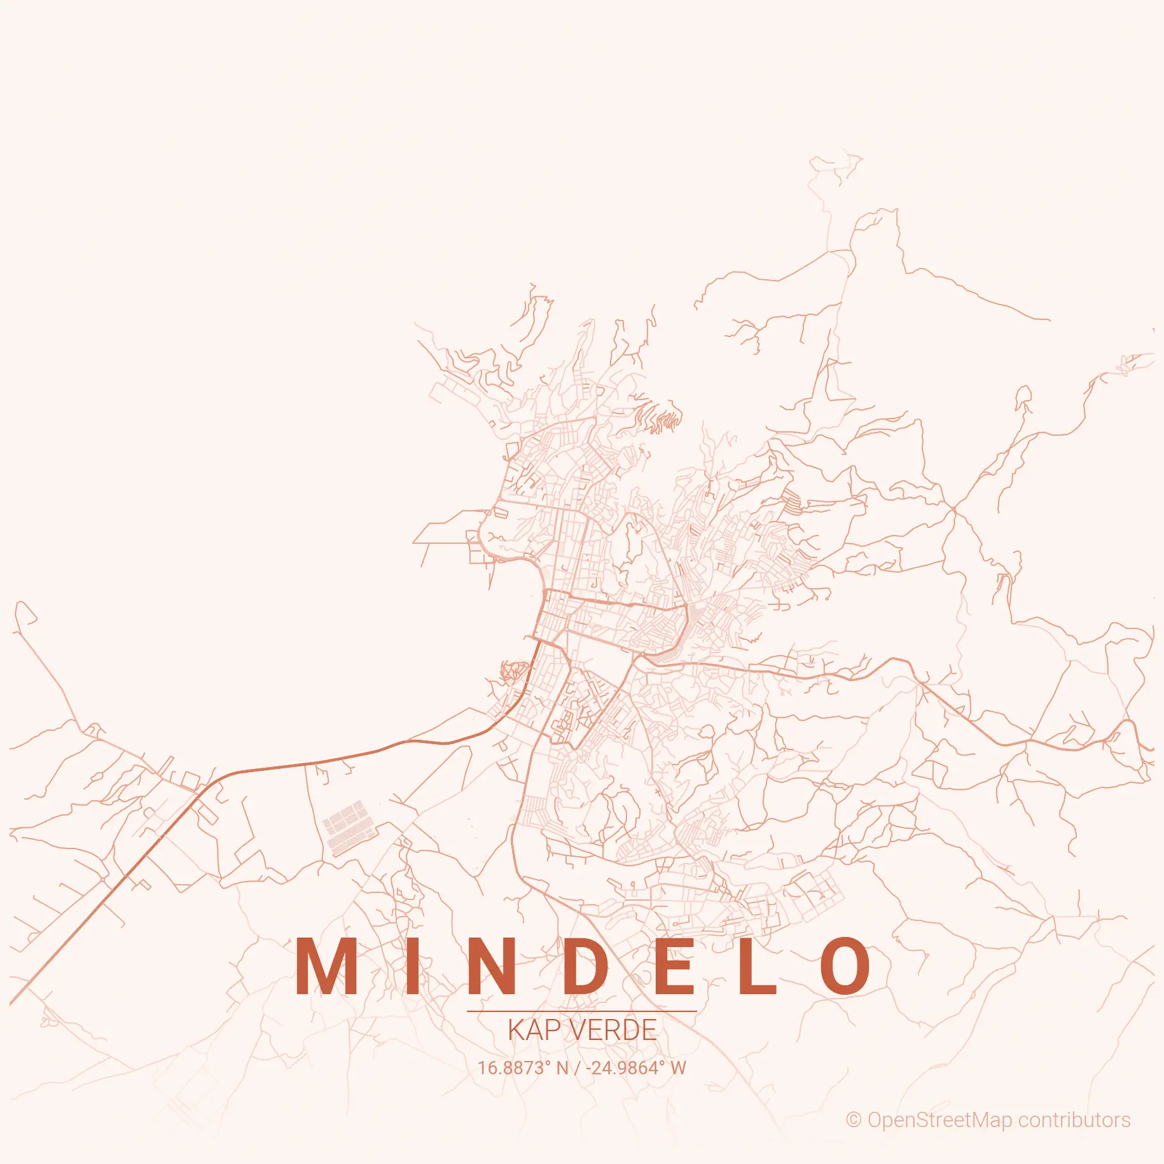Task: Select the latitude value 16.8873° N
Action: [x=523, y=1068]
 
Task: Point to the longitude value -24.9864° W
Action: [x=636, y=1068]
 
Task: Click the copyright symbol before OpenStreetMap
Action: [x=853, y=1120]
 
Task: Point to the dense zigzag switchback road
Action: [x=662, y=417]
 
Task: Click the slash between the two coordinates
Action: [x=578, y=1068]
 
